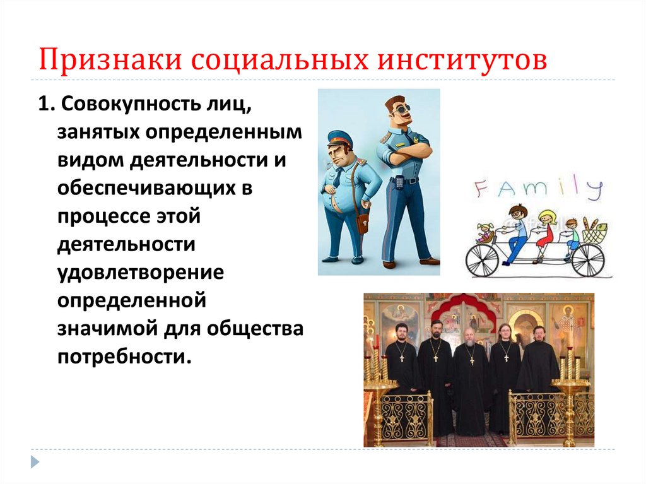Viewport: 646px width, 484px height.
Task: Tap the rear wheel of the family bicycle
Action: (483, 259)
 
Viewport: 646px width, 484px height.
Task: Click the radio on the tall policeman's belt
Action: (399, 183)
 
